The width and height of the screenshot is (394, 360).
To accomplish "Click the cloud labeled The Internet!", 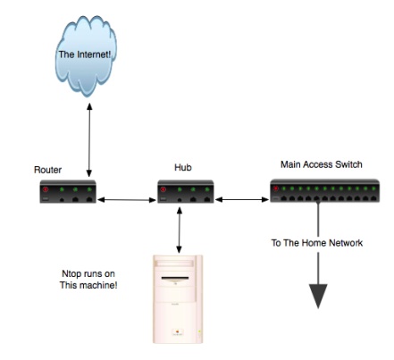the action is click(86, 56).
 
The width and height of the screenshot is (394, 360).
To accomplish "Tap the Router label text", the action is click(47, 170).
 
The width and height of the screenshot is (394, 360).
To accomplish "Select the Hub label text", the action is click(183, 167).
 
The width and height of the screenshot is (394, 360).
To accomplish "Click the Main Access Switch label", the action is click(322, 164).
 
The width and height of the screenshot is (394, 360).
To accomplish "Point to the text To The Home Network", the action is click(317, 243).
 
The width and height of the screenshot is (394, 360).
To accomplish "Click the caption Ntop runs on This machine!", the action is click(88, 280).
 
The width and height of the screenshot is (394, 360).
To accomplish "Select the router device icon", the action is click(68, 191).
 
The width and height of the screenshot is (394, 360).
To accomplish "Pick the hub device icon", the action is click(186, 191).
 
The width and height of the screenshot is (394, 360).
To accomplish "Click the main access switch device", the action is click(324, 191).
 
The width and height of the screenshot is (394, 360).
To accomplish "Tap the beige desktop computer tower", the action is click(178, 299).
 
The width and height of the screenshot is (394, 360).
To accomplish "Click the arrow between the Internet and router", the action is click(89, 140).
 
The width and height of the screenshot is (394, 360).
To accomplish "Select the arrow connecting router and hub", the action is click(127, 200).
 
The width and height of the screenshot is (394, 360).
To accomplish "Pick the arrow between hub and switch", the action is click(242, 200).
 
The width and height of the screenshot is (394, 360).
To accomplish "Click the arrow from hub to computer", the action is click(179, 230).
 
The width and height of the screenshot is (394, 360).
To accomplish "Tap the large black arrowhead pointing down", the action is click(318, 296).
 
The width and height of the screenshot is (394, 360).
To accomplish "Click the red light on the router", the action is click(46, 189).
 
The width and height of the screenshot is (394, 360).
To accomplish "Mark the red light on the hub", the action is click(163, 189).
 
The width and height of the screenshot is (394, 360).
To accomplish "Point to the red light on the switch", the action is click(276, 188).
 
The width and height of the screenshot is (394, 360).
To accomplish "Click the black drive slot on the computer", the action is click(175, 279).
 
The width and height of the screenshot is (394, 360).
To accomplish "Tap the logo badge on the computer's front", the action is click(177, 332).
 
